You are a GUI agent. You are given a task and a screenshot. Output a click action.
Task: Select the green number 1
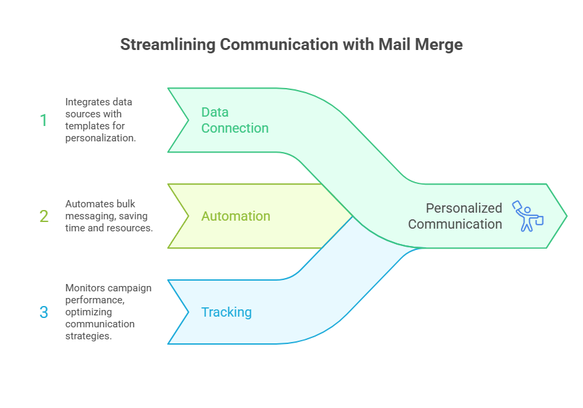coord(44,120)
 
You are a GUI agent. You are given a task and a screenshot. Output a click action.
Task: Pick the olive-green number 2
coord(44,216)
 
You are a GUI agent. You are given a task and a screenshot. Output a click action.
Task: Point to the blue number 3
coord(44,312)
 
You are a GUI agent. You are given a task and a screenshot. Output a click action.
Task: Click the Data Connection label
coord(235,120)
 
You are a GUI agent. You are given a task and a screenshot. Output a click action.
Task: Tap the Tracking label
coord(227,312)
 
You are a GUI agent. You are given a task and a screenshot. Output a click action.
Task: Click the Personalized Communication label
coord(455,216)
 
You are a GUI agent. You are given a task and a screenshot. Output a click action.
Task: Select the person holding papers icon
coord(527,216)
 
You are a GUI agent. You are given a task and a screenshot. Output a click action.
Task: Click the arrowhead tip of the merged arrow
coord(566,216)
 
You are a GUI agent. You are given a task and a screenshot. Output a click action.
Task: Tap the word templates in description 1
coord(86,126)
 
